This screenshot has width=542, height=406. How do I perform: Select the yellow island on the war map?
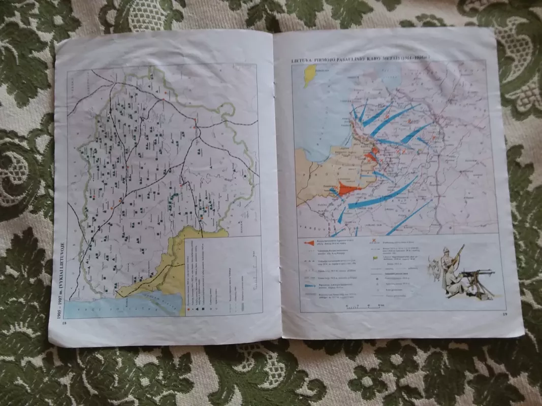[x=309, y=75]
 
